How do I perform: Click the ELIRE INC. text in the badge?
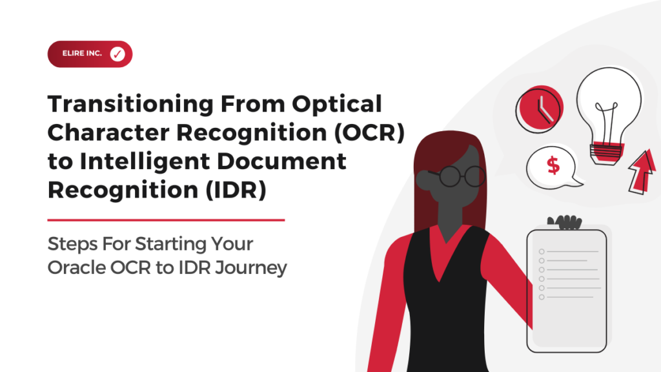82,54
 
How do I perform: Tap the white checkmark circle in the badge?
117,54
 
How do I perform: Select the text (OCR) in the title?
369,132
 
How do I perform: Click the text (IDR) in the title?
236,190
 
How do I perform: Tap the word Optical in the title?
337,104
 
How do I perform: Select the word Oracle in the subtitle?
76,267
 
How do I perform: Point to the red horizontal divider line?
166,220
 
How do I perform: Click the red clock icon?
539,109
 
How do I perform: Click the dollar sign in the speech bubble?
553,165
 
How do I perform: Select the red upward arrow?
642,172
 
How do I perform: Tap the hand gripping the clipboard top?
565,222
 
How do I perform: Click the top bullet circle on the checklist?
542,251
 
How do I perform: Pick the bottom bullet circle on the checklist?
542,297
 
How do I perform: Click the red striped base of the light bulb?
607,152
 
